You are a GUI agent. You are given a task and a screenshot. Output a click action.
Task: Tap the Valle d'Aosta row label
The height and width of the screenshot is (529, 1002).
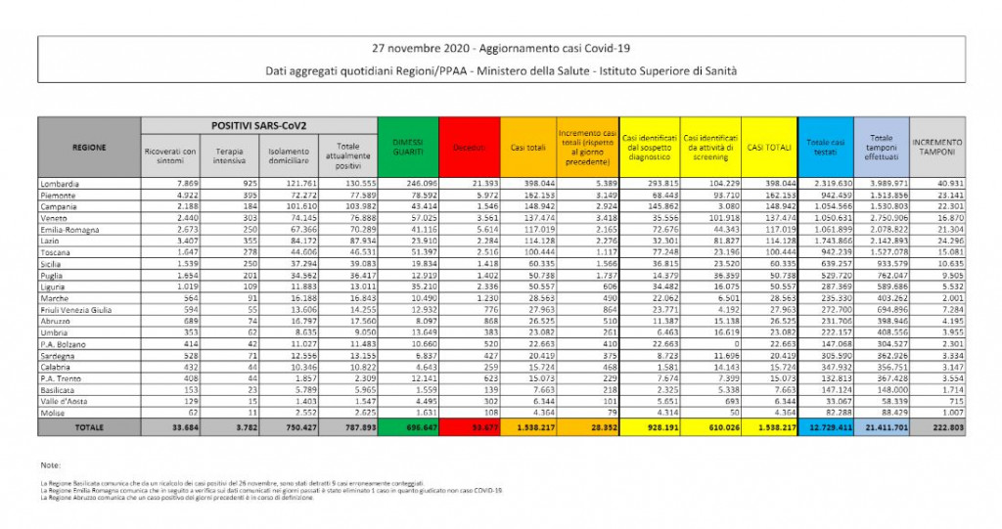coord(63,402)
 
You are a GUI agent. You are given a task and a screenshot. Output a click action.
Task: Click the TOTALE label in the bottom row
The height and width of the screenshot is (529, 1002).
coord(89,426)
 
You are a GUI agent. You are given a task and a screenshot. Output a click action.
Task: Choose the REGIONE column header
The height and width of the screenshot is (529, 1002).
coord(89,148)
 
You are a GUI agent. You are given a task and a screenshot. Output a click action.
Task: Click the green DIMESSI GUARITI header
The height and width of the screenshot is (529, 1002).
coord(407,148)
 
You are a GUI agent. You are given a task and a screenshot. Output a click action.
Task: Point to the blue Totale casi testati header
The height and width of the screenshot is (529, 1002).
coord(825,148)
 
